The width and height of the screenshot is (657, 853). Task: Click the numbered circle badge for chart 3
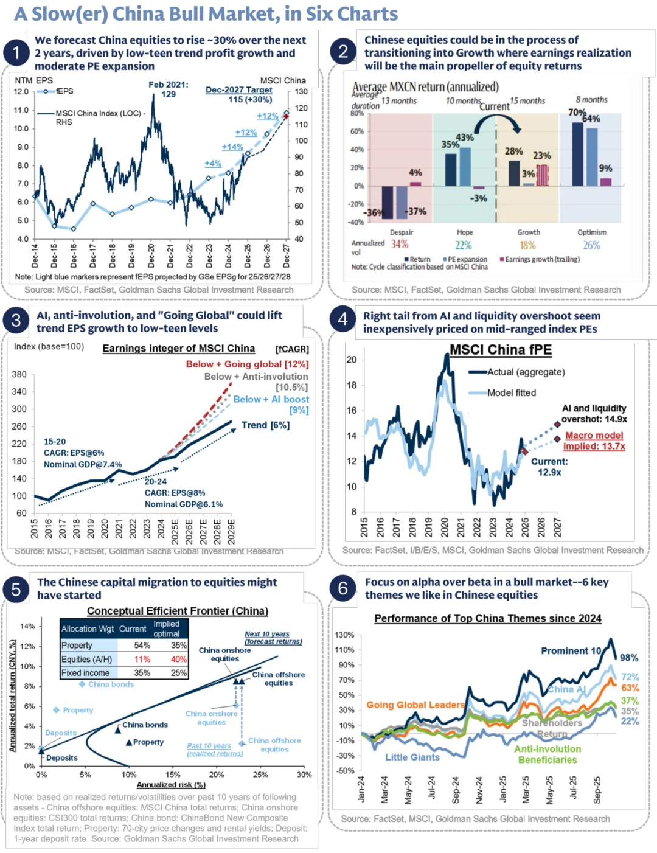(16, 321)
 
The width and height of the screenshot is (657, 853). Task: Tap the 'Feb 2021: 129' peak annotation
(169, 89)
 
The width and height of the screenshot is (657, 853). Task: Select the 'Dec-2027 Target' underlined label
(239, 89)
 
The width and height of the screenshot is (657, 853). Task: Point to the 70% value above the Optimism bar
(576, 113)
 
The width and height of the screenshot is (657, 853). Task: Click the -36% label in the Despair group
(374, 213)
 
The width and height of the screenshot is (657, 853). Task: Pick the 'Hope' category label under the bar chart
(465, 232)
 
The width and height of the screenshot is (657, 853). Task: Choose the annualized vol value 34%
(400, 245)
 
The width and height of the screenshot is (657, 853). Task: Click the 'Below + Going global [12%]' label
(247, 364)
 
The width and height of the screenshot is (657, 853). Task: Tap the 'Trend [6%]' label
(265, 425)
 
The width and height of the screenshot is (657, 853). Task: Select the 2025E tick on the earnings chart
(175, 531)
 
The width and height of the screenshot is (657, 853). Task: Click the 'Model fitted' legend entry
(511, 393)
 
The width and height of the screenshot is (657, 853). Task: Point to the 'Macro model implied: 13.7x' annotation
(594, 440)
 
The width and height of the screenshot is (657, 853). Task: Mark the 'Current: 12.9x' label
(549, 467)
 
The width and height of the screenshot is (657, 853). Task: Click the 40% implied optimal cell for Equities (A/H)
(179, 660)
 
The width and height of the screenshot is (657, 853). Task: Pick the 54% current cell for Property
(142, 646)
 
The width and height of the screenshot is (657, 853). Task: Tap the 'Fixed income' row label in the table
(85, 673)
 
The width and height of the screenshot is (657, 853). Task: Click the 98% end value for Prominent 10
(629, 658)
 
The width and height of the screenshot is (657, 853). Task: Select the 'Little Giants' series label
(412, 757)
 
